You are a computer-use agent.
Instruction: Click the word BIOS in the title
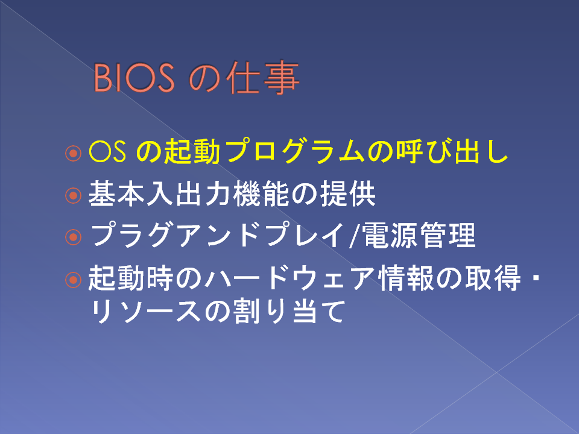click(134, 78)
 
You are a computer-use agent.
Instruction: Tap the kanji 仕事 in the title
click(262, 78)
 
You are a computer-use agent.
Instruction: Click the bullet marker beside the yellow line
click(73, 153)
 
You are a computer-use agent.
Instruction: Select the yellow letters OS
click(107, 152)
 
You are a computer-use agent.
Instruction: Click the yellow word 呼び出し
click(452, 151)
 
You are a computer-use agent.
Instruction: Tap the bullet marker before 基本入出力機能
click(73, 195)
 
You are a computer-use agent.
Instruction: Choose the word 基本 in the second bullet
click(116, 193)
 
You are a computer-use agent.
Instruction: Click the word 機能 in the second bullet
click(261, 193)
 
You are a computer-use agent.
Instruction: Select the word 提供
click(348, 193)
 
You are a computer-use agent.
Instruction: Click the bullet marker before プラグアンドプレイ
click(73, 237)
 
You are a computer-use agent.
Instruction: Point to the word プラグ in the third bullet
click(132, 235)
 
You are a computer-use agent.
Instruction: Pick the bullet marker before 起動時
click(73, 280)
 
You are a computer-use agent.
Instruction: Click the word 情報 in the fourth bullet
click(405, 277)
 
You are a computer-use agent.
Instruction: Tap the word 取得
click(493, 277)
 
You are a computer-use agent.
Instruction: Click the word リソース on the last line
click(145, 312)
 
